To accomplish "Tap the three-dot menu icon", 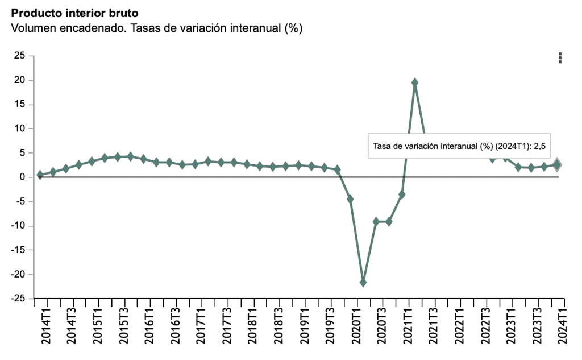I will pos(560,57).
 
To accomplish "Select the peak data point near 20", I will pos(415,82).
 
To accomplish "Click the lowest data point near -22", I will pos(363,282).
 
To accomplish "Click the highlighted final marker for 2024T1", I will pos(558,165).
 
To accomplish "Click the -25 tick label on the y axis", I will pos(18,299).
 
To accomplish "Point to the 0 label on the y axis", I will pos(23,177).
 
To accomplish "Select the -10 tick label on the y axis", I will pos(18,226).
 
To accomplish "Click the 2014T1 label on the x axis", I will pos(46,327).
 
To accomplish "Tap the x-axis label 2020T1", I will pos(356,327).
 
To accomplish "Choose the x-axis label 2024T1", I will pos(563,327).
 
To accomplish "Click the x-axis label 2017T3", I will pos(227,327).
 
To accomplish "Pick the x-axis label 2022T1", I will pos(460,327).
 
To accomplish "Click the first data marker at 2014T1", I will pos(40,175).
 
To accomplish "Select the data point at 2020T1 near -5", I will pos(350,199).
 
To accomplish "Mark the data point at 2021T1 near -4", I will pos(402,195).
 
